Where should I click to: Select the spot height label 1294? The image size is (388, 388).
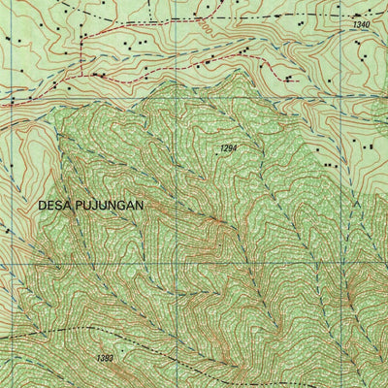[x=228, y=148]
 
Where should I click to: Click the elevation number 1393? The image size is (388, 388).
[x=105, y=359]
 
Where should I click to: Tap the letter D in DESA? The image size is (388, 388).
[x=43, y=206]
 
